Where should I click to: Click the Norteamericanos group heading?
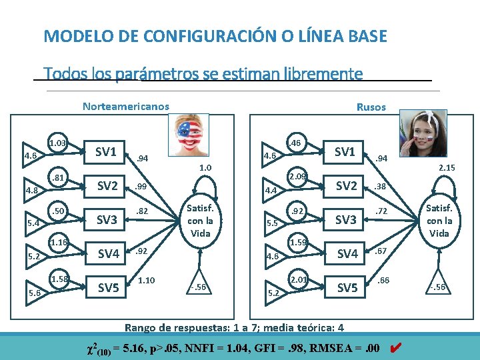click(x=125, y=106)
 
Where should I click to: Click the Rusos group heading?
click(x=371, y=107)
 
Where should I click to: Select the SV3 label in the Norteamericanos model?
click(x=107, y=219)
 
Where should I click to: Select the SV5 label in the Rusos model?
click(x=346, y=288)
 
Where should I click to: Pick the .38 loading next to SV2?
click(x=381, y=187)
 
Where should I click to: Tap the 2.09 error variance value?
click(x=297, y=177)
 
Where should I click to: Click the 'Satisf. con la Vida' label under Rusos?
click(x=439, y=221)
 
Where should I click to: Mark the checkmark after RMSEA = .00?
click(x=394, y=347)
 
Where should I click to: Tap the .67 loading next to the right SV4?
click(x=381, y=251)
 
